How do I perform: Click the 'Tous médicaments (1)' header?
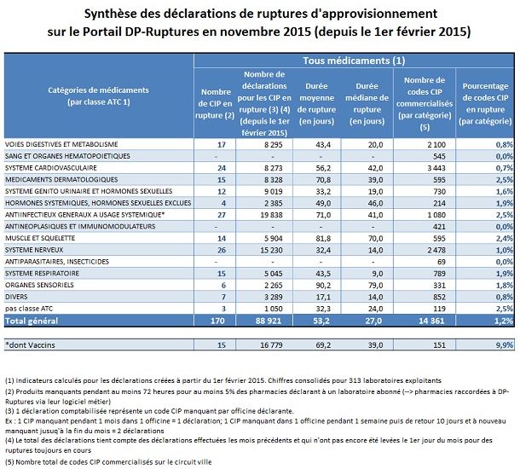pyautogui.click(x=353, y=61)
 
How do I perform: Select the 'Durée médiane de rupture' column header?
pyautogui.click(x=367, y=104)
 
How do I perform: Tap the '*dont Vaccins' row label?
pyautogui.click(x=29, y=344)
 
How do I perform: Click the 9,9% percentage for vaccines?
pyautogui.click(x=502, y=344)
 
